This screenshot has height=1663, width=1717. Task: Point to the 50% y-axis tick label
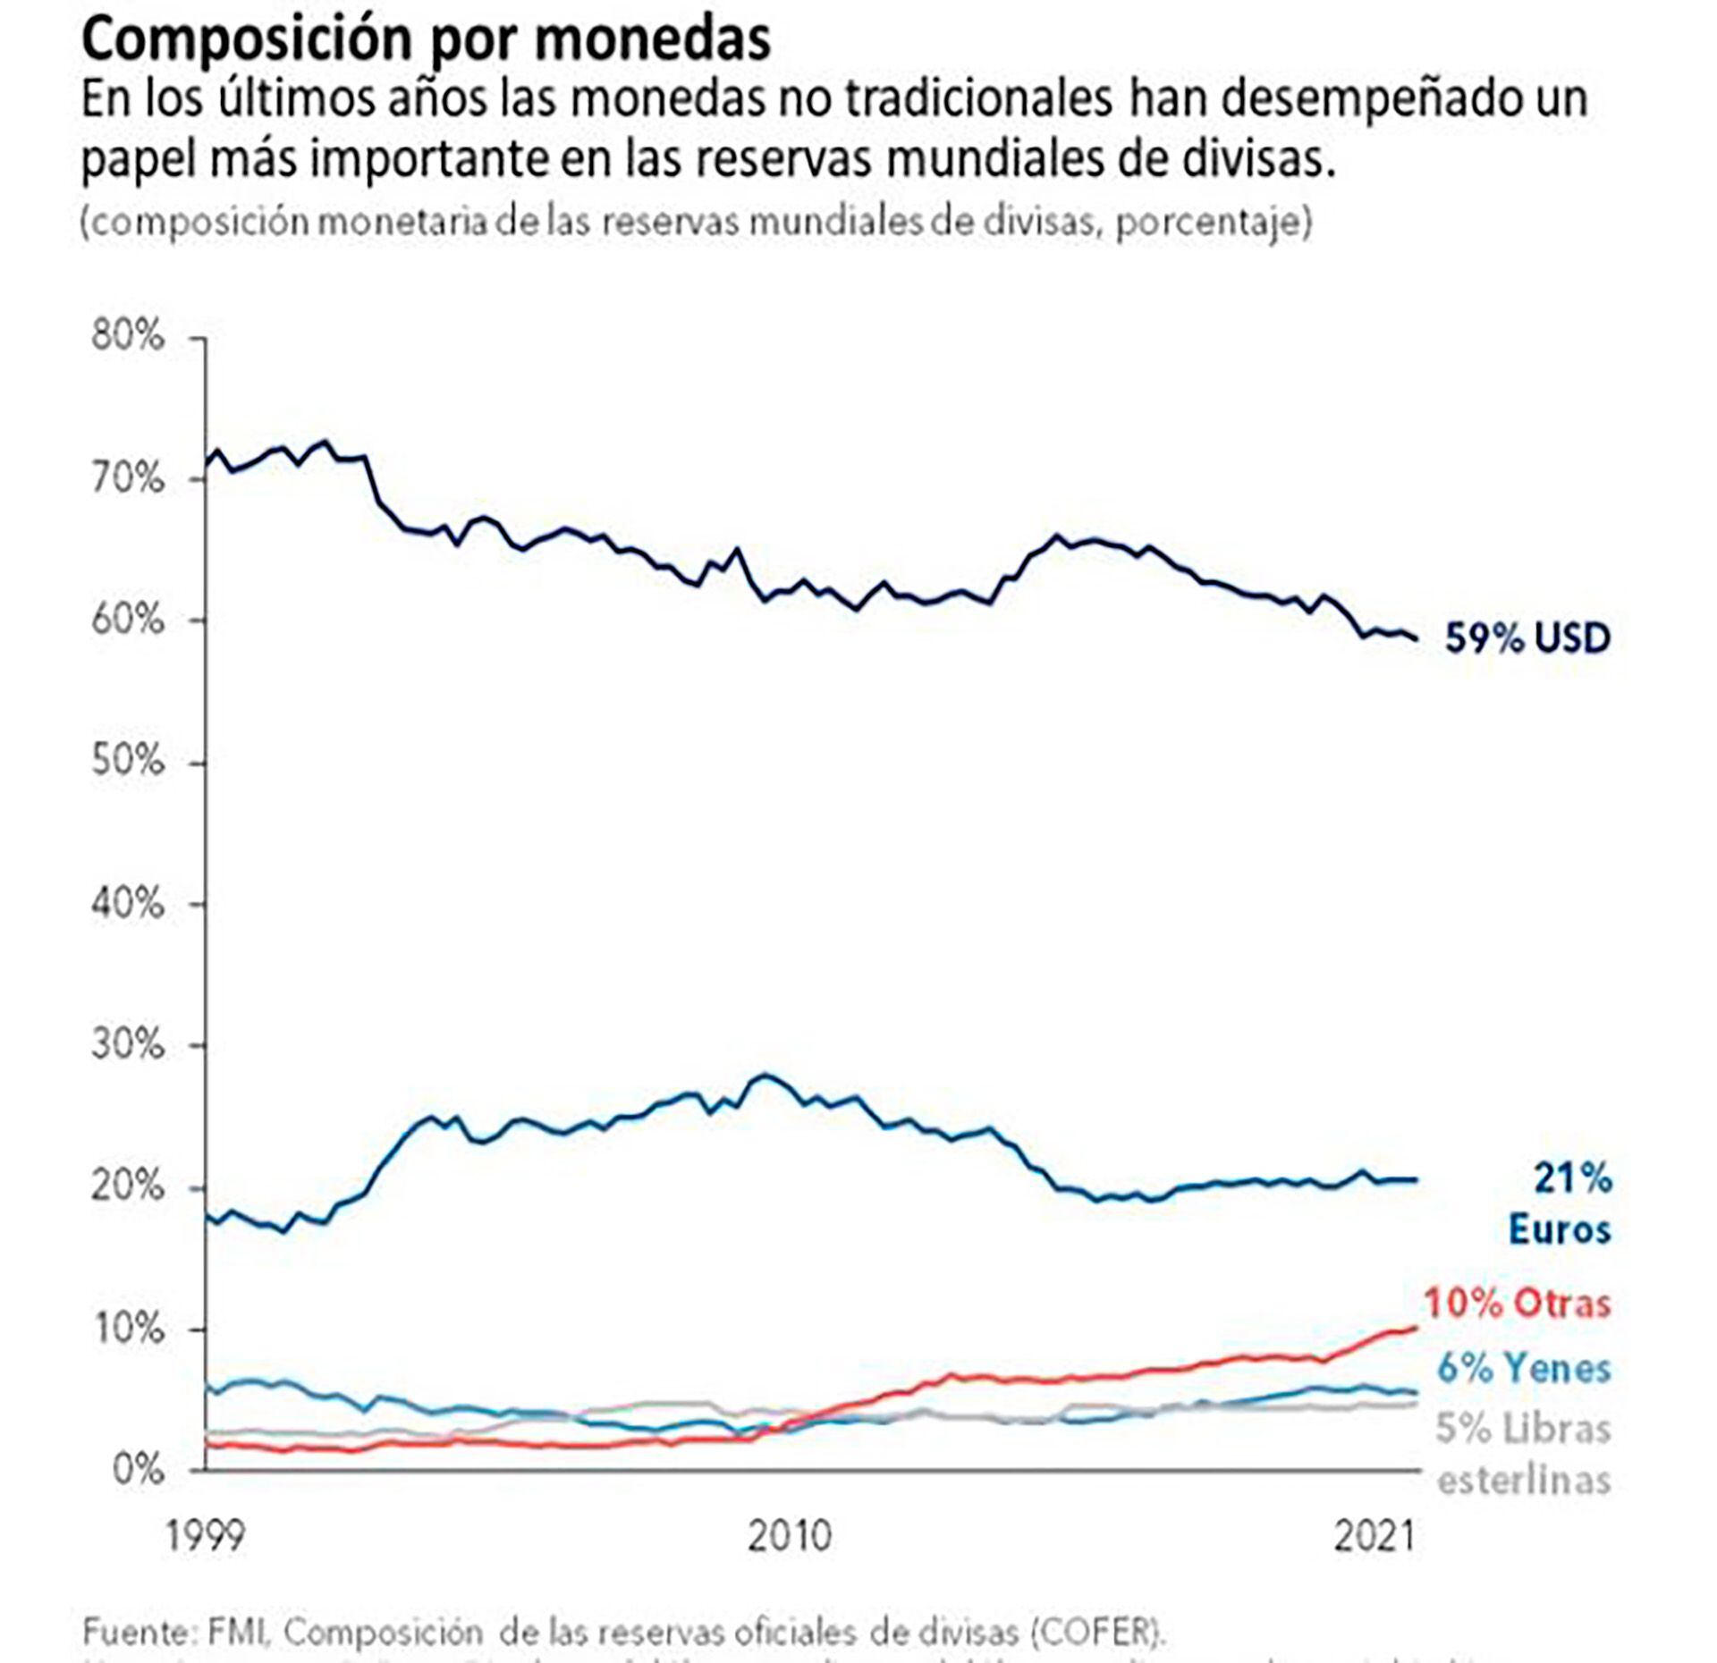click(x=128, y=762)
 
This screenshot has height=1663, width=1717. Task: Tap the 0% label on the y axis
click(x=139, y=1470)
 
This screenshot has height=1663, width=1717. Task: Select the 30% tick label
click(x=128, y=1044)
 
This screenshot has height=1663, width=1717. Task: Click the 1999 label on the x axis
click(x=205, y=1536)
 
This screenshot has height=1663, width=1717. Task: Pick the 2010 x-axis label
click(x=790, y=1536)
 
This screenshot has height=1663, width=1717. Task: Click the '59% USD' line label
click(x=1527, y=638)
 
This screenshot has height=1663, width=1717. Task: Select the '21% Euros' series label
click(x=1560, y=1203)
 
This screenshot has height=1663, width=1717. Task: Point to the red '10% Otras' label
click(x=1518, y=1304)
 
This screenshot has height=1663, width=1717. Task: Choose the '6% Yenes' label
click(x=1524, y=1368)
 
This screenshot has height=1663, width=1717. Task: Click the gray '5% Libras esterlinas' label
click(x=1524, y=1454)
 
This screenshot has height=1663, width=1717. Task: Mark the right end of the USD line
click(x=1416, y=638)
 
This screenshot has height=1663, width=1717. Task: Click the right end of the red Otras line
click(x=1416, y=1327)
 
